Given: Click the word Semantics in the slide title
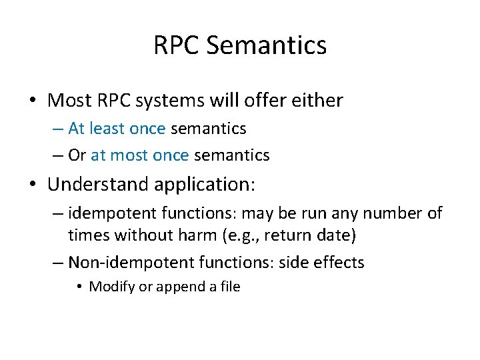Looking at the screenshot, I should coord(267,46).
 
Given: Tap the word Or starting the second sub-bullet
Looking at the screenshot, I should coord(77,155).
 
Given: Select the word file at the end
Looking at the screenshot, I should coord(229,287).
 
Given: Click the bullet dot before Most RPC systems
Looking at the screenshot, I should coord(33,101).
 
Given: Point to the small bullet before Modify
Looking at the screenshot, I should coord(79,287).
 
